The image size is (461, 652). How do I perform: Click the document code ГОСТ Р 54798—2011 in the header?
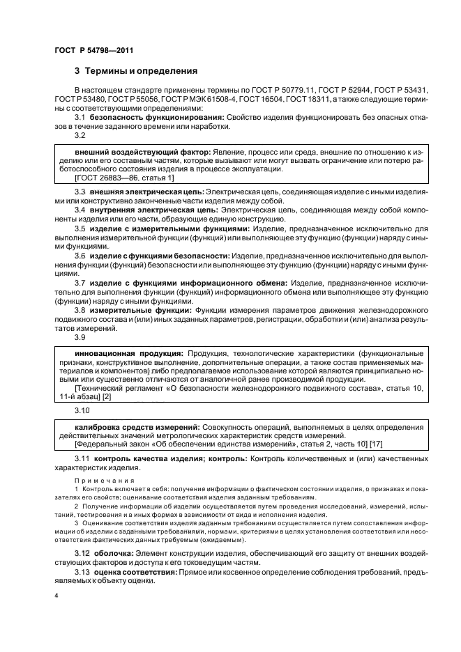pyautogui.click(x=93, y=50)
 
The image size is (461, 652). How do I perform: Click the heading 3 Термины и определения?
pyautogui.click(x=136, y=71)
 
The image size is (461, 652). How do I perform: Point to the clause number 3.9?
pyautogui.click(x=80, y=337)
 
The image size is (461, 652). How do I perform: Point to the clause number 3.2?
pyautogui.click(x=80, y=137)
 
